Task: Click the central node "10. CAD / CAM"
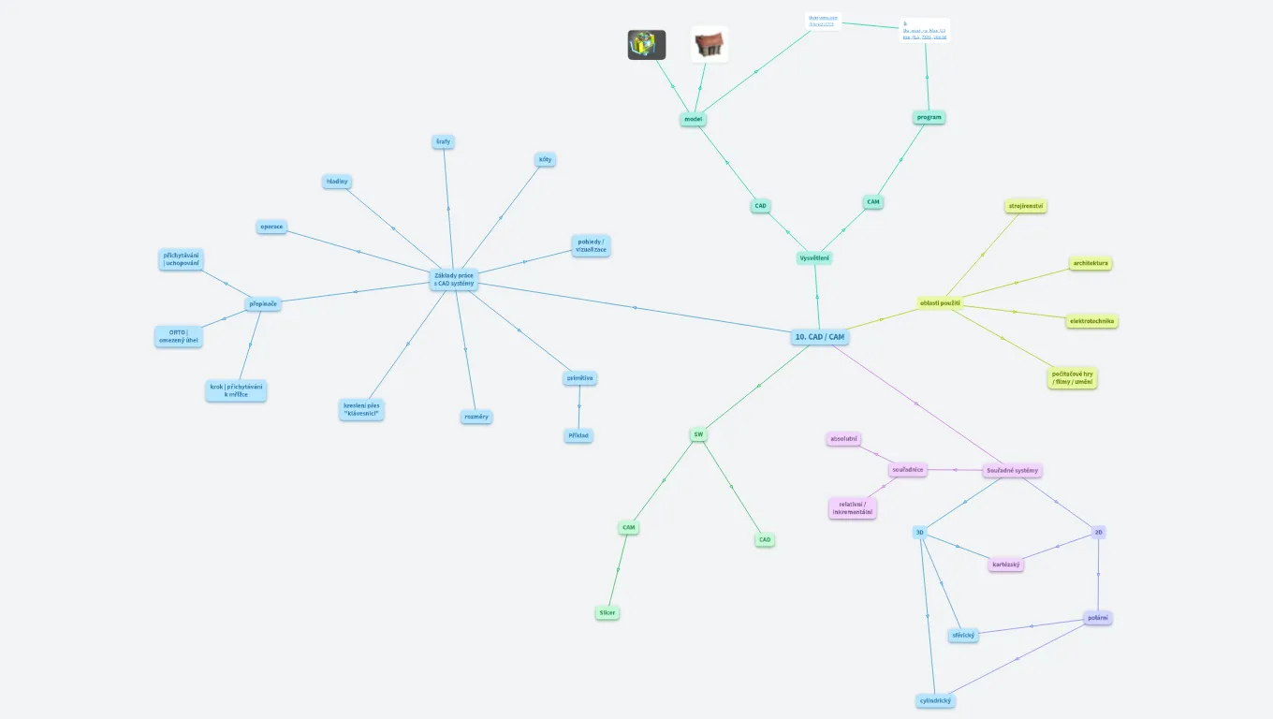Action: pyautogui.click(x=819, y=336)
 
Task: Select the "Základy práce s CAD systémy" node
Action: pyautogui.click(x=454, y=279)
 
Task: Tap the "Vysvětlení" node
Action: pyautogui.click(x=814, y=257)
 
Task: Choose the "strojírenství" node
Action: pyautogui.click(x=1026, y=206)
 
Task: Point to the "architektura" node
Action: pyautogui.click(x=1090, y=263)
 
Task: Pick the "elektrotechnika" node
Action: pyautogui.click(x=1092, y=321)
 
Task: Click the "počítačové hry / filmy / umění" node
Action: pyautogui.click(x=1072, y=377)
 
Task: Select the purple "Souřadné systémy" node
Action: pyautogui.click(x=1012, y=470)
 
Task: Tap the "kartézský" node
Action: pyautogui.click(x=1006, y=565)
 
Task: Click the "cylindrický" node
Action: pyautogui.click(x=935, y=700)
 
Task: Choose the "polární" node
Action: pyautogui.click(x=1098, y=618)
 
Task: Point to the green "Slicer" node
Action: pyautogui.click(x=607, y=613)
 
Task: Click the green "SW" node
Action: pyautogui.click(x=698, y=434)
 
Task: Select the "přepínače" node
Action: pyautogui.click(x=263, y=303)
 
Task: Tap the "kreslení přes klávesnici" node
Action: pyautogui.click(x=361, y=409)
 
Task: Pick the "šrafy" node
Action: pyautogui.click(x=443, y=141)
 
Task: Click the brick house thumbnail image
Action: pyautogui.click(x=710, y=44)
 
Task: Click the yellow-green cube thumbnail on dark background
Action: pyautogui.click(x=646, y=44)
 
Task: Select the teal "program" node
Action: pyautogui.click(x=929, y=117)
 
